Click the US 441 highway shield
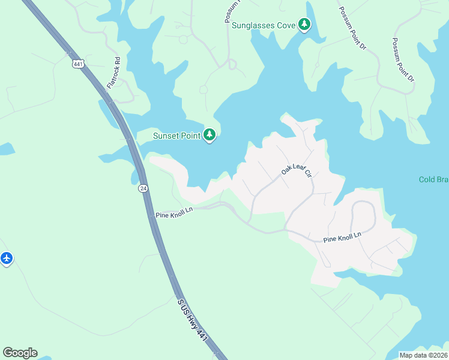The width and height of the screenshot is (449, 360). pos(78,64)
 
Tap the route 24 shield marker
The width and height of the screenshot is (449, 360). pos(143,188)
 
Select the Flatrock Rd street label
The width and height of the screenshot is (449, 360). pos(114,73)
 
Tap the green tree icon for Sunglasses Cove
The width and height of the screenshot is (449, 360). pos(305,25)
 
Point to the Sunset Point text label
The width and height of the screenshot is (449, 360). pos(176,136)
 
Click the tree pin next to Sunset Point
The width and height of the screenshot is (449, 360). pos(209,135)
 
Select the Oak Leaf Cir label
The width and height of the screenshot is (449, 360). pos(297,172)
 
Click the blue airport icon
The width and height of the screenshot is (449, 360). pos(7,259)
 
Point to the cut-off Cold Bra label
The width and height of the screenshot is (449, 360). pos(433,180)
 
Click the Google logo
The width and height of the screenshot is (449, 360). pos(20,353)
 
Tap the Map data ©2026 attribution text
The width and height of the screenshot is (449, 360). pos(423,355)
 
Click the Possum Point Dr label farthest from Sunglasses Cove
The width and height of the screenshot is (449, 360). pos(403,60)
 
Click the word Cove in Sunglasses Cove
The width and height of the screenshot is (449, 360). pos(286,25)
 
